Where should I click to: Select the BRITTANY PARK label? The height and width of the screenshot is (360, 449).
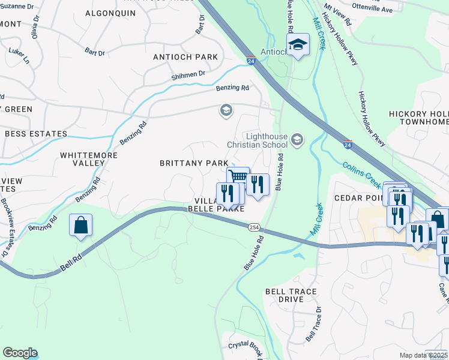click(x=193, y=163)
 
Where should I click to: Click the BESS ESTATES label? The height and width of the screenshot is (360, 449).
click(x=35, y=133)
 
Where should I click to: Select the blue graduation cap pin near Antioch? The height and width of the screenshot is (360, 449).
click(x=297, y=45)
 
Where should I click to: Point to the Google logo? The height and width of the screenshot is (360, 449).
click(x=20, y=353)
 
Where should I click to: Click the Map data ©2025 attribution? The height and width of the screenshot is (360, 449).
click(x=423, y=355)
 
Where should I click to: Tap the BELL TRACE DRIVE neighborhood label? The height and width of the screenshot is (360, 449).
click(x=294, y=295)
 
